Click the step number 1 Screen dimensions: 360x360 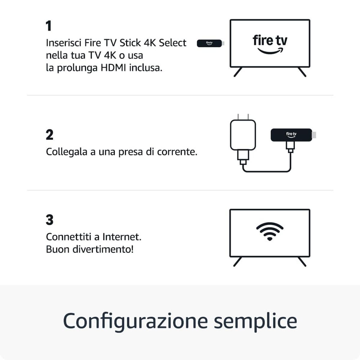(x=49, y=26)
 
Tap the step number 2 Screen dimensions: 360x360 (x=49, y=135)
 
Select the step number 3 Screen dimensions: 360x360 (x=49, y=220)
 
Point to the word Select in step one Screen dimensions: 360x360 (x=172, y=43)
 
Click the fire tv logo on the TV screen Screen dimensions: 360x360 (x=270, y=44)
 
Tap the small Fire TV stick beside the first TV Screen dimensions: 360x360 (x=209, y=43)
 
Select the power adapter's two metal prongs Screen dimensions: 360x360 (x=243, y=117)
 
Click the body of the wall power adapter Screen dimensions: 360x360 (x=243, y=135)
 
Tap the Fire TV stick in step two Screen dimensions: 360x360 (x=291, y=135)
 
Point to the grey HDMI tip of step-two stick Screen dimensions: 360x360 (x=314, y=135)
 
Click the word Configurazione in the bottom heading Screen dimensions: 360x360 (x=135, y=321)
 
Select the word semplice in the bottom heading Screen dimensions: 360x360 (x=255, y=321)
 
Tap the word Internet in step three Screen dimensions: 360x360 (x=121, y=237)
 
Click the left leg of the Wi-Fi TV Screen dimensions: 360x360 (x=237, y=262)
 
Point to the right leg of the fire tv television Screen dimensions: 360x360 (x=302, y=72)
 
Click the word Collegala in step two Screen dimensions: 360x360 (x=66, y=152)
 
